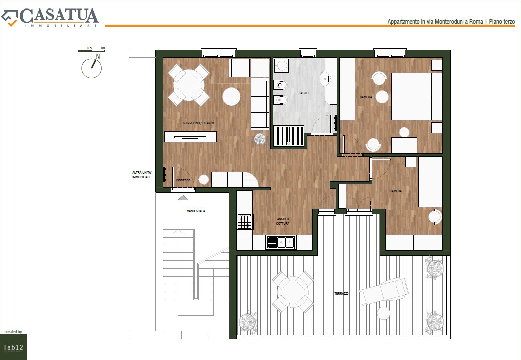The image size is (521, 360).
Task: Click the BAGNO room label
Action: click(x=303, y=93)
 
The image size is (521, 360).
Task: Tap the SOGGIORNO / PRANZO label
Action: click(x=198, y=123)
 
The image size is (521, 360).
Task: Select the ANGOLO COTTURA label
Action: click(x=283, y=221)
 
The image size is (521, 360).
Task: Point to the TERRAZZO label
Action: click(x=342, y=294)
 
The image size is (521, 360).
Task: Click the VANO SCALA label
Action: click(x=196, y=211)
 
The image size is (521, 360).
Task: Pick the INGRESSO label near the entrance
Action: click(x=183, y=180)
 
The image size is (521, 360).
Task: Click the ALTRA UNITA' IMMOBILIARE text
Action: click(x=142, y=175)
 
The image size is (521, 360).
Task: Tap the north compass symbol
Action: click(x=92, y=67)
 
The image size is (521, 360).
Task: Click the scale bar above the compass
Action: click(x=91, y=50)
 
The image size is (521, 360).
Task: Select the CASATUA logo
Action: click(x=50, y=17)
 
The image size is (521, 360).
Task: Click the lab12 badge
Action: click(x=13, y=347)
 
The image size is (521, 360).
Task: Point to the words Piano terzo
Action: click(x=502, y=22)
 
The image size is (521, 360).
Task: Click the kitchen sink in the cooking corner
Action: click(x=281, y=242)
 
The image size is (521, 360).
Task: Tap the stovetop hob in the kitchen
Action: click(x=245, y=221)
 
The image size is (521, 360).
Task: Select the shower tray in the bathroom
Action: click(x=289, y=136)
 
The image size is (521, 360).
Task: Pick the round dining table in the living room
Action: click(x=188, y=85)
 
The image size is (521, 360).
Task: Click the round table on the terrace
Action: click(x=293, y=292)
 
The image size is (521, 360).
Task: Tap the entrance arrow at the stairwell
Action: click(x=183, y=198)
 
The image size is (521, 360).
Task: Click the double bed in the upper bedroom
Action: click(x=416, y=96)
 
